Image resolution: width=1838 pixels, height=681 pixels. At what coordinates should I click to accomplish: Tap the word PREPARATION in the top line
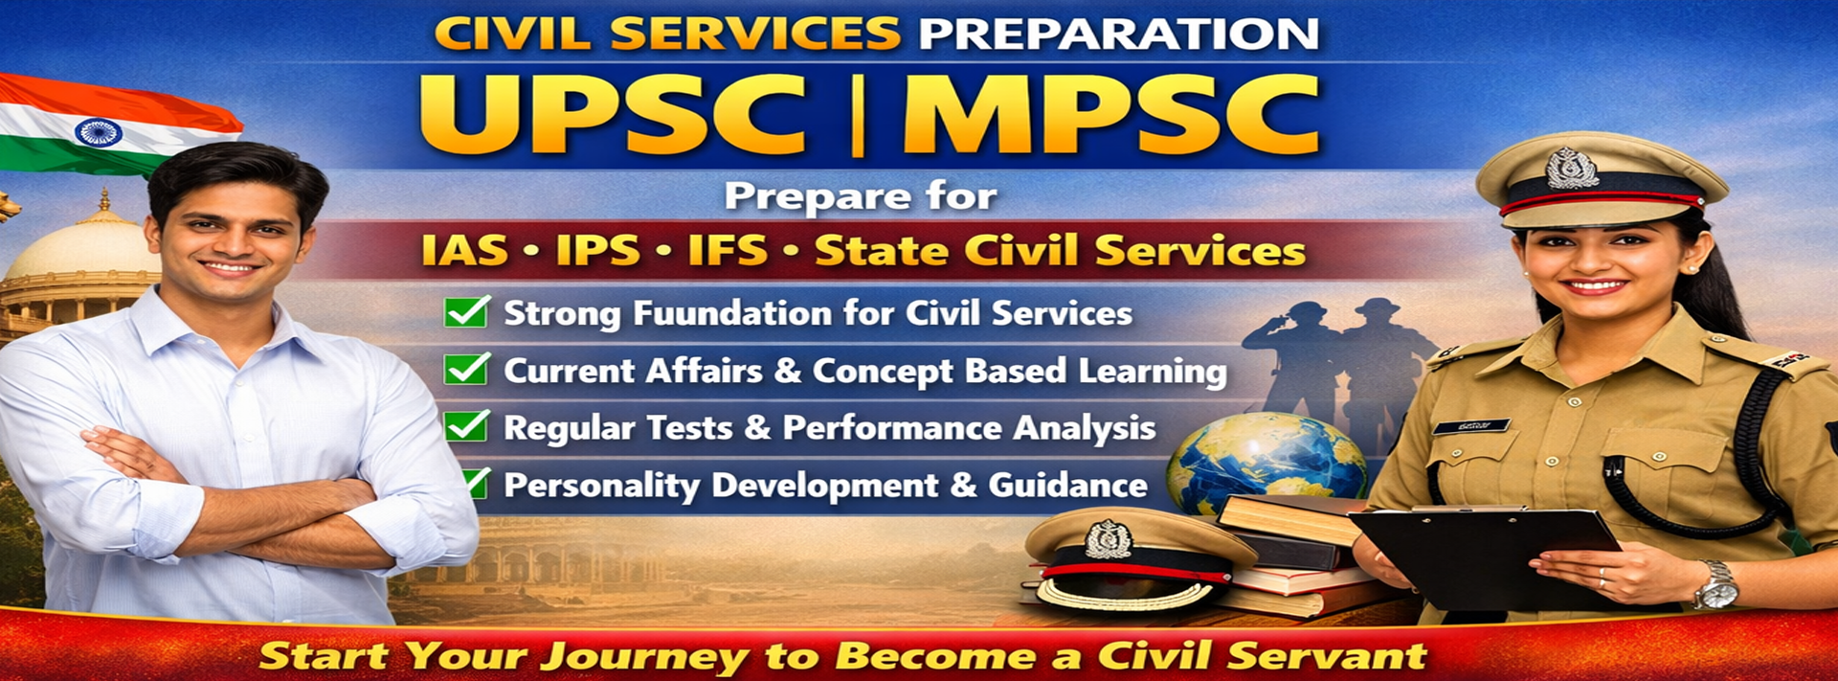[x=1118, y=34]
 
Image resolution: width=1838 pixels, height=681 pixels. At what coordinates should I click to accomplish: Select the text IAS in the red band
[x=465, y=251]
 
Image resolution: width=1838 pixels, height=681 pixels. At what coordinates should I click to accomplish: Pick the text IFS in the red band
[x=728, y=251]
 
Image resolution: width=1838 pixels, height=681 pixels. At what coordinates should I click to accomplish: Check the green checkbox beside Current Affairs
[x=467, y=369]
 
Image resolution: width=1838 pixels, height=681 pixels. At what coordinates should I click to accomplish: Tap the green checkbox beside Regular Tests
[x=467, y=425]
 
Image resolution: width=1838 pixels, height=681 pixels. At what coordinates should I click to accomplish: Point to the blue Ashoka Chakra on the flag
[x=98, y=131]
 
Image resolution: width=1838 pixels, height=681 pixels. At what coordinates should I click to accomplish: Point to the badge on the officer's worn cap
[x=1572, y=169]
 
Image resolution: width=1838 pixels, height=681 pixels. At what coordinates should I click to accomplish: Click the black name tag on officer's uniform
[x=1471, y=426]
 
